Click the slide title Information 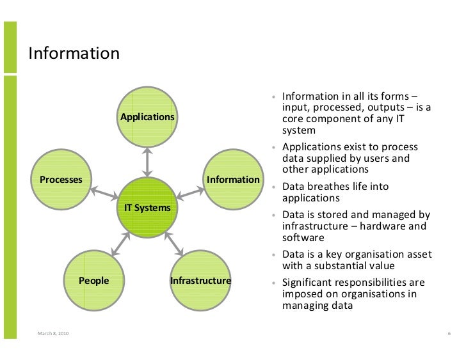(x=74, y=53)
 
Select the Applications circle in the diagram (x=147, y=117)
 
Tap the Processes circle (x=61, y=179)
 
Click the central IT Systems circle (x=147, y=207)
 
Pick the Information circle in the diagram (x=233, y=179)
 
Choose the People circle (x=94, y=280)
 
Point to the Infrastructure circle (x=200, y=280)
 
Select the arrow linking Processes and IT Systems (x=104, y=193)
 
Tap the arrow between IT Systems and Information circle (x=190, y=193)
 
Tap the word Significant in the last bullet (x=310, y=283)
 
